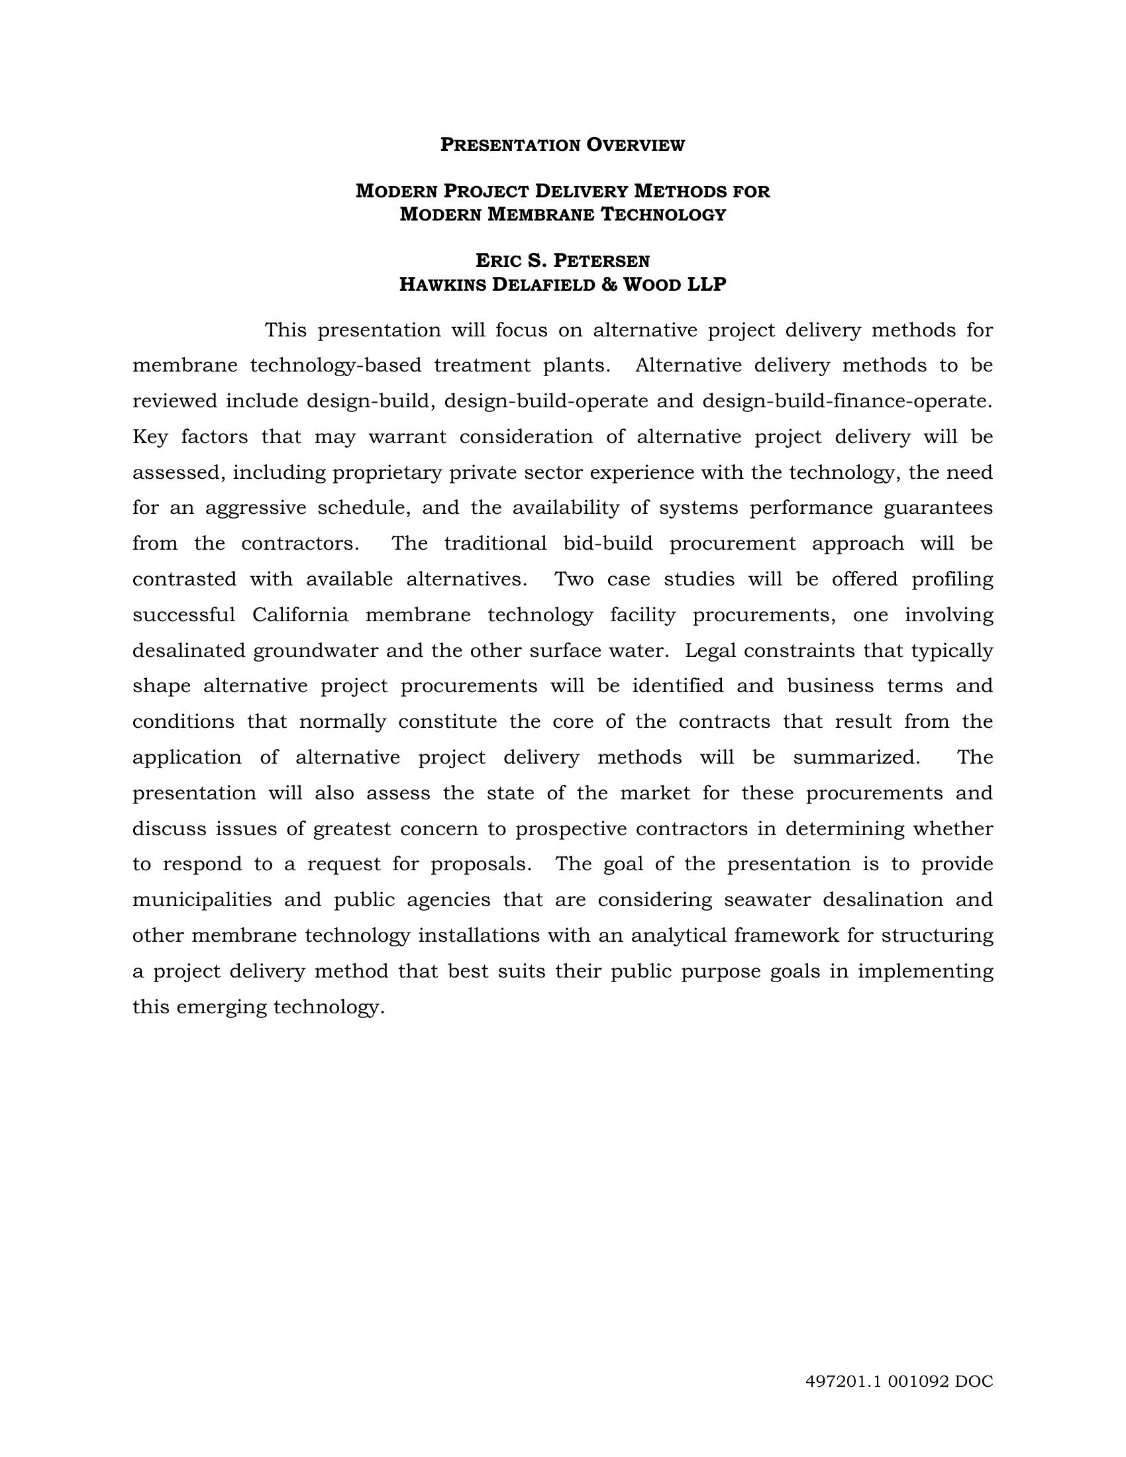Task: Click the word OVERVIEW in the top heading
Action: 636,145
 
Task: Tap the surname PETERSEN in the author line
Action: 601,260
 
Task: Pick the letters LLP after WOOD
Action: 707,285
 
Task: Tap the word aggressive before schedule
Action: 256,509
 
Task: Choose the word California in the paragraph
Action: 300,615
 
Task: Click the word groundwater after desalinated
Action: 316,650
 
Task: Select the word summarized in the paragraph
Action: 856,758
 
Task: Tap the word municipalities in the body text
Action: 202,900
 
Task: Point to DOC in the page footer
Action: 974,1382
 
